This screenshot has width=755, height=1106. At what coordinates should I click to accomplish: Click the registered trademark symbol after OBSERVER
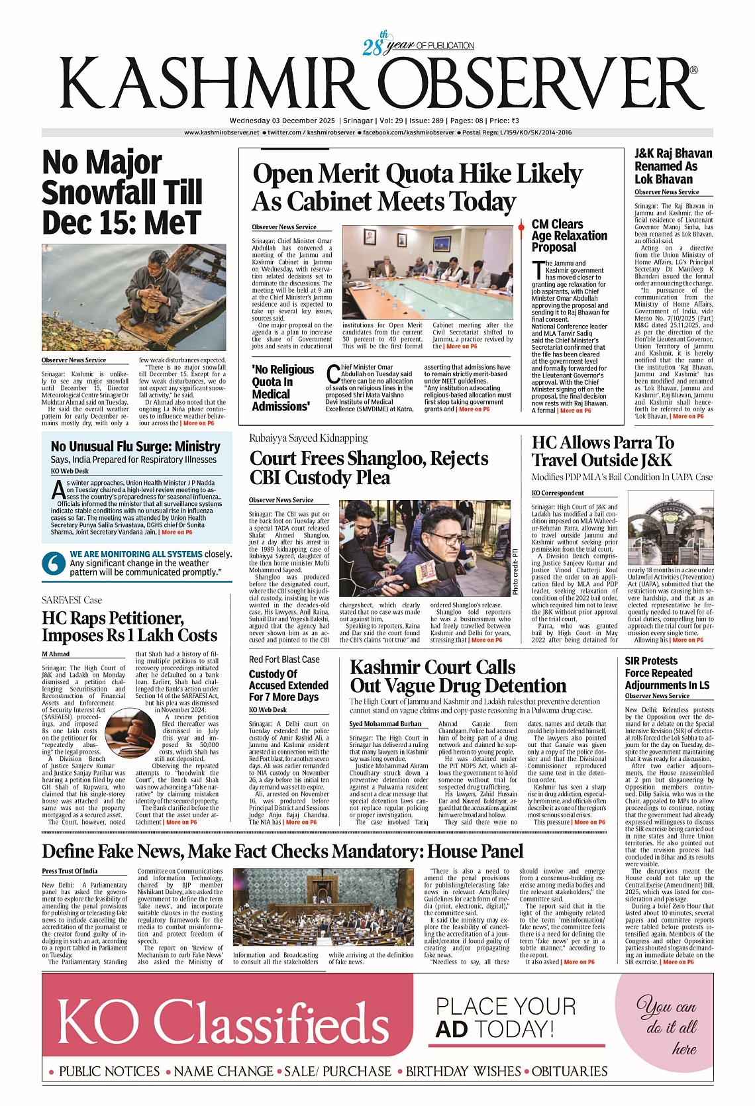coord(693,70)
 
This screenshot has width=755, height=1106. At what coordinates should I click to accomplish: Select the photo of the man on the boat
coord(134,297)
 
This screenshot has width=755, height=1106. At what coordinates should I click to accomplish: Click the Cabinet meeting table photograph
coord(427,272)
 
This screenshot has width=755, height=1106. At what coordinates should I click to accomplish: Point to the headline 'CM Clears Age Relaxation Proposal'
coord(569,236)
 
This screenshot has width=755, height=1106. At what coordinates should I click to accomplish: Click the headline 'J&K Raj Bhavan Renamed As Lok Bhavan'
coord(673,166)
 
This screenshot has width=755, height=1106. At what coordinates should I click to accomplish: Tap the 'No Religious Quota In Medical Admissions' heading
coord(283,388)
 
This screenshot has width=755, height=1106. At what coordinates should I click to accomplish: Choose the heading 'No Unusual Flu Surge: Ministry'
coord(136,446)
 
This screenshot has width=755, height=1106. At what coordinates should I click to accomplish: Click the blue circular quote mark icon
coord(53,563)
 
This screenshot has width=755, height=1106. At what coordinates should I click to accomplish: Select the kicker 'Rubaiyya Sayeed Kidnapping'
coord(308,438)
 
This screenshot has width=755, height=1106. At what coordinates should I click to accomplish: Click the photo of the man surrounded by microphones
coord(424,548)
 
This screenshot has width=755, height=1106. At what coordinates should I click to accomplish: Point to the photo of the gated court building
coord(670,531)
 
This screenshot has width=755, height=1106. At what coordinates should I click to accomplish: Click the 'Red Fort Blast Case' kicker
coord(284,660)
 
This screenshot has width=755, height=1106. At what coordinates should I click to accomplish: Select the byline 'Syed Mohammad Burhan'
coord(385,724)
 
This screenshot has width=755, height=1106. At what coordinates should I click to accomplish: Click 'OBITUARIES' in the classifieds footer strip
coord(570,1072)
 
